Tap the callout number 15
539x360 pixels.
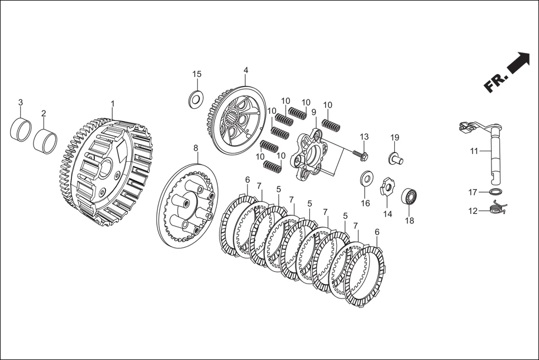(197, 74)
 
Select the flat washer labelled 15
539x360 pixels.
(196, 99)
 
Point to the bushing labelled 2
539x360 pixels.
(45, 139)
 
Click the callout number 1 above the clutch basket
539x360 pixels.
(112, 103)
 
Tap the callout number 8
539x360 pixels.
(195, 148)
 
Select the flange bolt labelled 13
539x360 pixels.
(360, 154)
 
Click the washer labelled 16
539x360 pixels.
(367, 179)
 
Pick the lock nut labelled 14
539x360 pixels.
(388, 186)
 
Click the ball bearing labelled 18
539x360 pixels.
(409, 197)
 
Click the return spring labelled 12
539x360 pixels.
(497, 207)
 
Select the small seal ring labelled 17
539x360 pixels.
(495, 191)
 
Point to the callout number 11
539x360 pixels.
(474, 151)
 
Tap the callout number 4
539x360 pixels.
(246, 70)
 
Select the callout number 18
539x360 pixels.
(409, 220)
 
